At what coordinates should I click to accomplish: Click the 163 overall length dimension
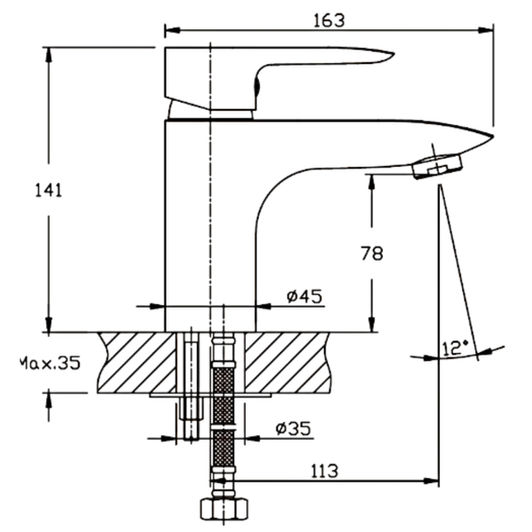(x=328, y=20)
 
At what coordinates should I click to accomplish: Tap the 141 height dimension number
(x=49, y=190)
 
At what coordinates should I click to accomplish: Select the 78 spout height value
(x=372, y=254)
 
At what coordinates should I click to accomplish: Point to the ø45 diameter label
(x=304, y=296)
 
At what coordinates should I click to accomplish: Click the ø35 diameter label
(x=293, y=428)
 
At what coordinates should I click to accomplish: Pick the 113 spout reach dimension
(x=325, y=471)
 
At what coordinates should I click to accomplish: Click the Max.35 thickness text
(x=50, y=363)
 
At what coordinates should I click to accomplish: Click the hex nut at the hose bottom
(x=224, y=509)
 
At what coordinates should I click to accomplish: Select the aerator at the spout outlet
(x=438, y=167)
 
